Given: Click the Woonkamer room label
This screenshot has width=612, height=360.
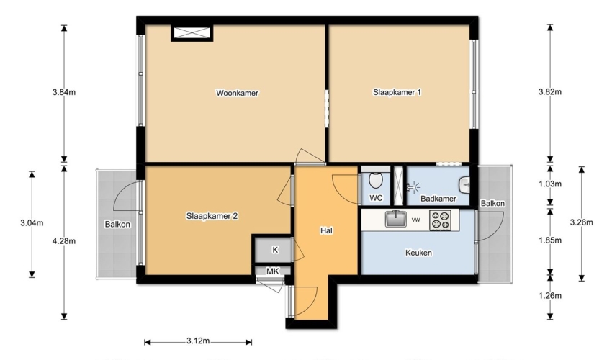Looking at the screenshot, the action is [238, 93].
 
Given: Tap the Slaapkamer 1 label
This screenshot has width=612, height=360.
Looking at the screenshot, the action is [397, 93].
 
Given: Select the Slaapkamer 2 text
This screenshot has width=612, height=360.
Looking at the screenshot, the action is [212, 216].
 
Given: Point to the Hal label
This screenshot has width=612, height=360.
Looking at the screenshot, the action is [326, 230].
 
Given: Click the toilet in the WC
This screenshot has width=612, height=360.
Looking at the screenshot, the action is [375, 180].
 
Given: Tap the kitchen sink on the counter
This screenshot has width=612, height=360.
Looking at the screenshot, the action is [396, 219].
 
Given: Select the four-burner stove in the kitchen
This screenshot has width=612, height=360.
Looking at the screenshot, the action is [440, 220].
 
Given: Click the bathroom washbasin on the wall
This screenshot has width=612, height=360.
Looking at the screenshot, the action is [464, 185].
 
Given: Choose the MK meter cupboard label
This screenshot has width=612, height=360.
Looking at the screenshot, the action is [273, 271].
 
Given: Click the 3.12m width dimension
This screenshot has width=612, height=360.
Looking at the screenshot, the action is [198, 341].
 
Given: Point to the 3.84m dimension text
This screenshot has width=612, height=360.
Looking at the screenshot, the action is [64, 93].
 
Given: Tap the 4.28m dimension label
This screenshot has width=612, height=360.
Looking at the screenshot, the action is [64, 241].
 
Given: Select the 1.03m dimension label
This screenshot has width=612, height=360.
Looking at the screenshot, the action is [550, 184].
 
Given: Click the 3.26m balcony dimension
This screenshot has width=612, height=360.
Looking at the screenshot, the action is [581, 222].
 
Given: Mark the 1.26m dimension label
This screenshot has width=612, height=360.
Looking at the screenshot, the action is [550, 296].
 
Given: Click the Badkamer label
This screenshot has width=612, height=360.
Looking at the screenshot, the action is [438, 199].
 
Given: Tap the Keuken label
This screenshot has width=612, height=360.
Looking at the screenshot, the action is [418, 253].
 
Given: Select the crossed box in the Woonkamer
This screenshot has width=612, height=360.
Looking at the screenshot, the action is [192, 33].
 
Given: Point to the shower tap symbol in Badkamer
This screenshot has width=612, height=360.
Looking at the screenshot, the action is [412, 188].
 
